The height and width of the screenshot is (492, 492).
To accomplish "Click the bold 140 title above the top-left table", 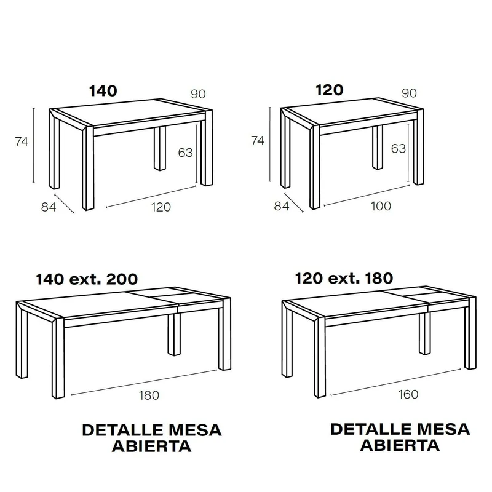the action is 103,90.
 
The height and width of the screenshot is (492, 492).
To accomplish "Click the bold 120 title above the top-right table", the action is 329,90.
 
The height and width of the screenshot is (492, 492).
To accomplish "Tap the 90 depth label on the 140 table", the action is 198,94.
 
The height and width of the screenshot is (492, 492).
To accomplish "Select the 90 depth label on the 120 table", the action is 409,93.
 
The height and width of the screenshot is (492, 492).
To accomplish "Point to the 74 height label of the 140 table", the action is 22,142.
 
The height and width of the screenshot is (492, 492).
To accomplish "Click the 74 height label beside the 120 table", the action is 257,141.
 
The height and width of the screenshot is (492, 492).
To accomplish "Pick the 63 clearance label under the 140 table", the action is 186,153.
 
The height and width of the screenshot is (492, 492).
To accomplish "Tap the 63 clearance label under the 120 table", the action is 399,148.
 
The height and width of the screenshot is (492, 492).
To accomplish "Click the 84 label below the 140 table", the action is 49,207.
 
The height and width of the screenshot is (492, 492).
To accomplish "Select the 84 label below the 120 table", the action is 282,206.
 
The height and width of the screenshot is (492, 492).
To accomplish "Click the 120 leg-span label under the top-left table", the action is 161,207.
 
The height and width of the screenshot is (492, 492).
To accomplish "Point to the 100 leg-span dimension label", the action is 381,206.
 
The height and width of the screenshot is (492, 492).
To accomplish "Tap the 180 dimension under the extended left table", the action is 149,395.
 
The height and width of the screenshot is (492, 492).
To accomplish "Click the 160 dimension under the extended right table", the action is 408,394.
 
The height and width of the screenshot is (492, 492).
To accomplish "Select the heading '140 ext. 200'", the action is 87,279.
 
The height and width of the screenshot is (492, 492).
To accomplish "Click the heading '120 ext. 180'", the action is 344,278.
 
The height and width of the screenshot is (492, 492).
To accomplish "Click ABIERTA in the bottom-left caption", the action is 151,446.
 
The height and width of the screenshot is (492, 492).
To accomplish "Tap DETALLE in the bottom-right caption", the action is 370,429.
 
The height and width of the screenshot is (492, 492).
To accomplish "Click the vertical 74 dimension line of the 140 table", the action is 34,145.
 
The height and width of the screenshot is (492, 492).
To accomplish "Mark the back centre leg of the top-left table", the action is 160,148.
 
